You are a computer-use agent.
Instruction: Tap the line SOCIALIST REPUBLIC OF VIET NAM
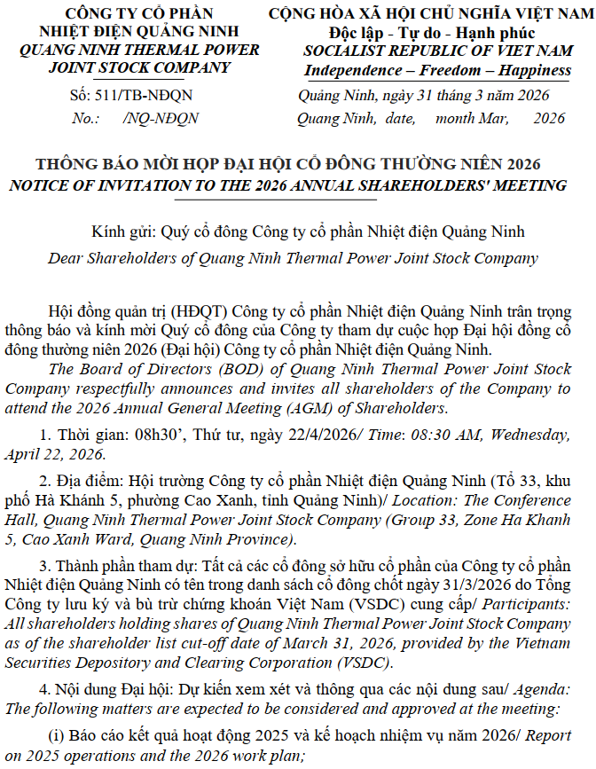point(437,51)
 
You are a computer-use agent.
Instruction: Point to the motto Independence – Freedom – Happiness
point(437,70)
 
